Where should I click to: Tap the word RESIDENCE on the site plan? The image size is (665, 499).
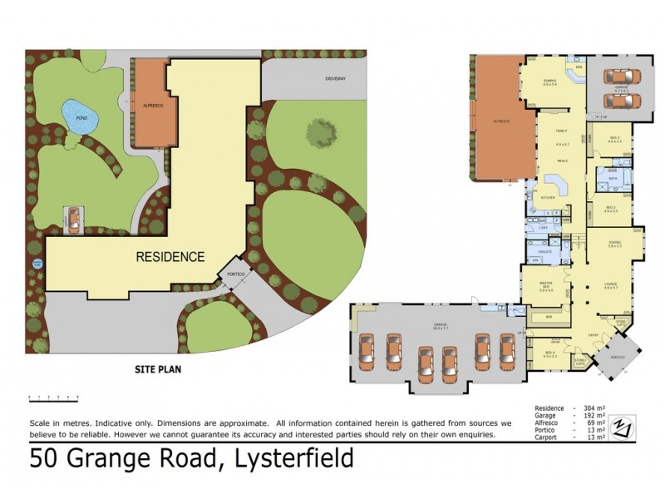click(170, 257)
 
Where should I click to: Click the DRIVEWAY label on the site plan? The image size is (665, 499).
click(335, 78)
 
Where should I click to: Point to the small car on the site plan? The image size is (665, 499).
click(73, 220)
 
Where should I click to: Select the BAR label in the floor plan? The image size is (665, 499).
click(579, 67)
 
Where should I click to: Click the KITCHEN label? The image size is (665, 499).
click(548, 197)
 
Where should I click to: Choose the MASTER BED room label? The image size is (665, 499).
click(545, 287)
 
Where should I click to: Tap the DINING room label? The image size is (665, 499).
click(614, 244)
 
